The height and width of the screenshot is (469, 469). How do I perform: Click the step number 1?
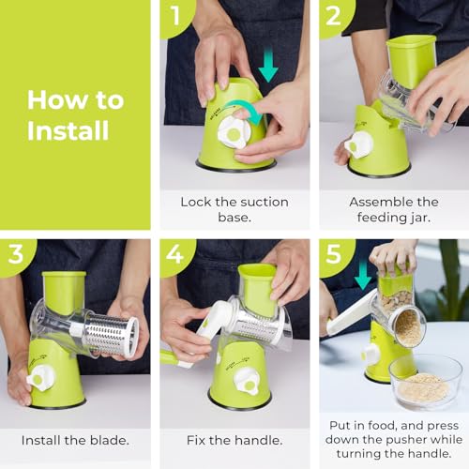pos(174,16)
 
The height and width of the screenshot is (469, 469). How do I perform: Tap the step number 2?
pos(334,16)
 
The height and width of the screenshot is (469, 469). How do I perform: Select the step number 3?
pos(15,254)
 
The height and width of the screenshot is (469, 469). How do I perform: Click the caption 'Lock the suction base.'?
pos(234,208)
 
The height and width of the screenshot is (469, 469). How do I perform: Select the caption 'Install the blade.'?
pos(75,438)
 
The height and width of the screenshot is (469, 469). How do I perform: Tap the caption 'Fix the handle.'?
pos(234,438)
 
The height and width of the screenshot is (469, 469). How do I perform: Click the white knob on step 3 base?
pos(40,377)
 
